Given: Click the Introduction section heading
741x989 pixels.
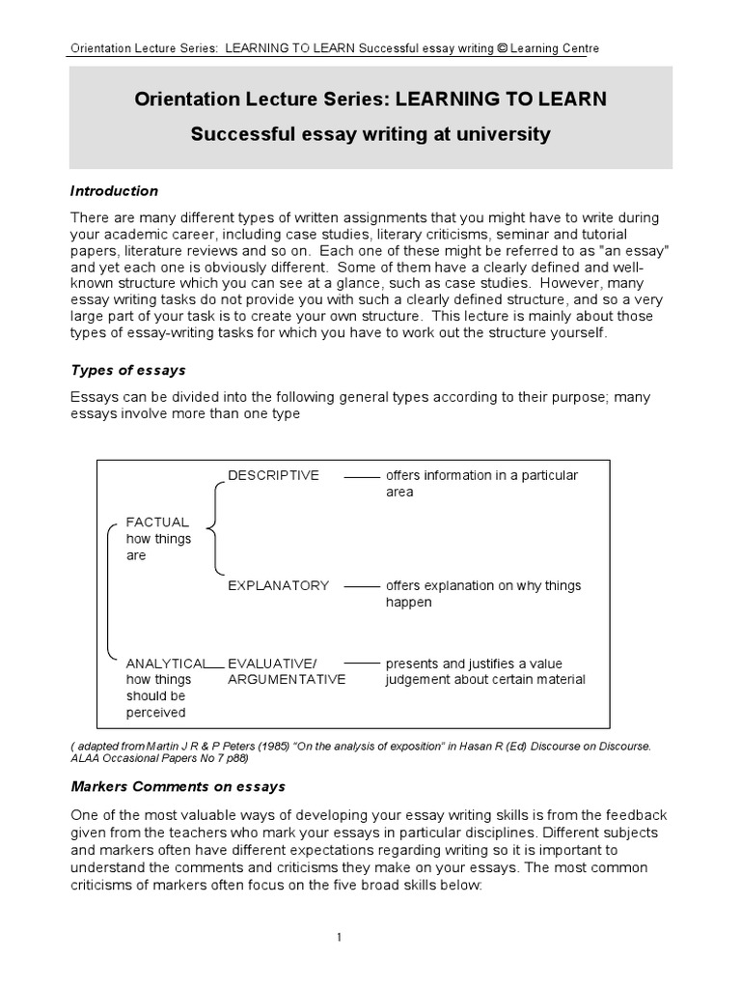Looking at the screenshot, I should (114, 191).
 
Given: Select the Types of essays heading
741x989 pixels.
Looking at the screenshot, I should (127, 370).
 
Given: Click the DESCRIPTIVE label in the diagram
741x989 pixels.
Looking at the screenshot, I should (273, 475).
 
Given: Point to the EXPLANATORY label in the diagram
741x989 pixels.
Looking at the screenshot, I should (278, 585).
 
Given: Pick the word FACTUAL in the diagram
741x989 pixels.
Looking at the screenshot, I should (157, 523).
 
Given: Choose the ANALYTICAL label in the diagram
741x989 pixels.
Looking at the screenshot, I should (166, 664).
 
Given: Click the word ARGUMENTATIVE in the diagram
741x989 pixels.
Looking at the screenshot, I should (286, 680).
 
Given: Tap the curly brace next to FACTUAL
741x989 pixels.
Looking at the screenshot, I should (210, 529).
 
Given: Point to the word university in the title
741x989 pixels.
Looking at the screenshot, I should (510, 134).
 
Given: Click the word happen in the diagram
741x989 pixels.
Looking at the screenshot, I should (409, 602).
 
